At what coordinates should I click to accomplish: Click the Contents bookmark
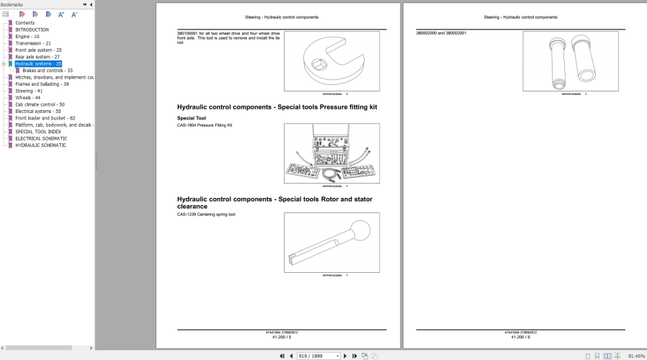pos(24,22)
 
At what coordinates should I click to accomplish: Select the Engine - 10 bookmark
pos(27,36)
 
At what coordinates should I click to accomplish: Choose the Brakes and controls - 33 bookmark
pos(47,71)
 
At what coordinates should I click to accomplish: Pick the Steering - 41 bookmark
pos(29,91)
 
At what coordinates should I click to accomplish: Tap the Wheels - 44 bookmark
pos(27,98)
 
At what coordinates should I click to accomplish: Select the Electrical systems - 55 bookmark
pos(37,112)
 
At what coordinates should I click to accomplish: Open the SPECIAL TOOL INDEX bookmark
pos(38,132)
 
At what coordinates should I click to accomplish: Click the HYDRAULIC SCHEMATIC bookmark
pos(40,145)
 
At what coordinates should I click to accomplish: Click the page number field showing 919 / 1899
pos(318,356)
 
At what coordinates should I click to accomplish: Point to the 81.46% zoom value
pos(636,356)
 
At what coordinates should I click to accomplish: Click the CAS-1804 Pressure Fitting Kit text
pos(205,125)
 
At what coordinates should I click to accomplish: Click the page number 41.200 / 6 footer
pos(520,336)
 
